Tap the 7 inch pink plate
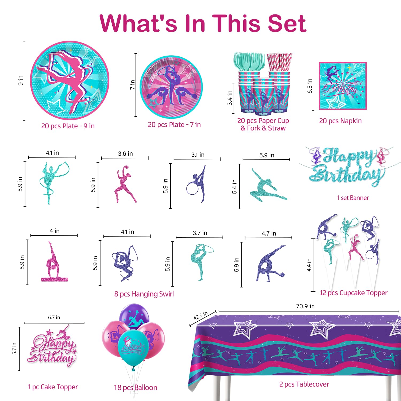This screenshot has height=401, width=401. click(171, 87)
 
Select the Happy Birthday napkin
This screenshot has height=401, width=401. click(343, 86)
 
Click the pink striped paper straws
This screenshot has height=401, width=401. click(279, 62)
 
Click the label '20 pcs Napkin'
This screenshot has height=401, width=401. click(340, 121)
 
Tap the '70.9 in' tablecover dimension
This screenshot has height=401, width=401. click(305, 306)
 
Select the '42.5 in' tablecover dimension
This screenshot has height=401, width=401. click(201, 315)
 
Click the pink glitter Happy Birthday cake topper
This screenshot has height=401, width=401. click(52, 346)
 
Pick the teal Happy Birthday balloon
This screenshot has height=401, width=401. click(133, 348)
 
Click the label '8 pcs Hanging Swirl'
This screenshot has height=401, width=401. click(144, 294)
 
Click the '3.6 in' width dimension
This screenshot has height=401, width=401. click(125, 154)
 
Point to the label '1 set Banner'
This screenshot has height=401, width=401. click(353, 198)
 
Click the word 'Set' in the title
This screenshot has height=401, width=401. click(287, 24)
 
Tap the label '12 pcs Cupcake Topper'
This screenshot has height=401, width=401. click(353, 293)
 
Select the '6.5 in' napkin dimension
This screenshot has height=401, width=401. click(310, 86)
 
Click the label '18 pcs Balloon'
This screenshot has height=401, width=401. click(136, 388)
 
